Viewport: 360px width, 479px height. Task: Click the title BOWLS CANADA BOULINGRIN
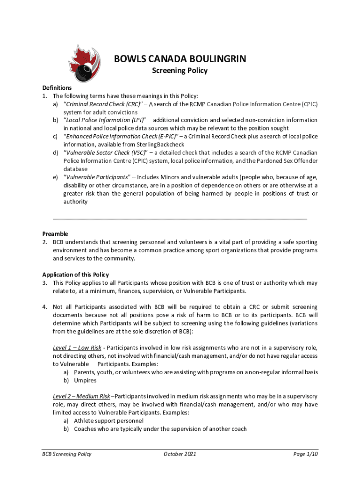180,59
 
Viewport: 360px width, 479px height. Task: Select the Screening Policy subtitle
180,71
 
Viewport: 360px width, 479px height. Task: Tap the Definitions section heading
57,87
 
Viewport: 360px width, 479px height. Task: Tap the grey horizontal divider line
180,219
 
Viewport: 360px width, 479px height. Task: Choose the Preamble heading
55,233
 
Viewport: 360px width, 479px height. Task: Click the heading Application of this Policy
75,275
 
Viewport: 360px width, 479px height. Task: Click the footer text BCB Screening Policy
65,454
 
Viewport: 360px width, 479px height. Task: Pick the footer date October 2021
180,454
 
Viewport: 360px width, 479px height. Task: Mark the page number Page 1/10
306,454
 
